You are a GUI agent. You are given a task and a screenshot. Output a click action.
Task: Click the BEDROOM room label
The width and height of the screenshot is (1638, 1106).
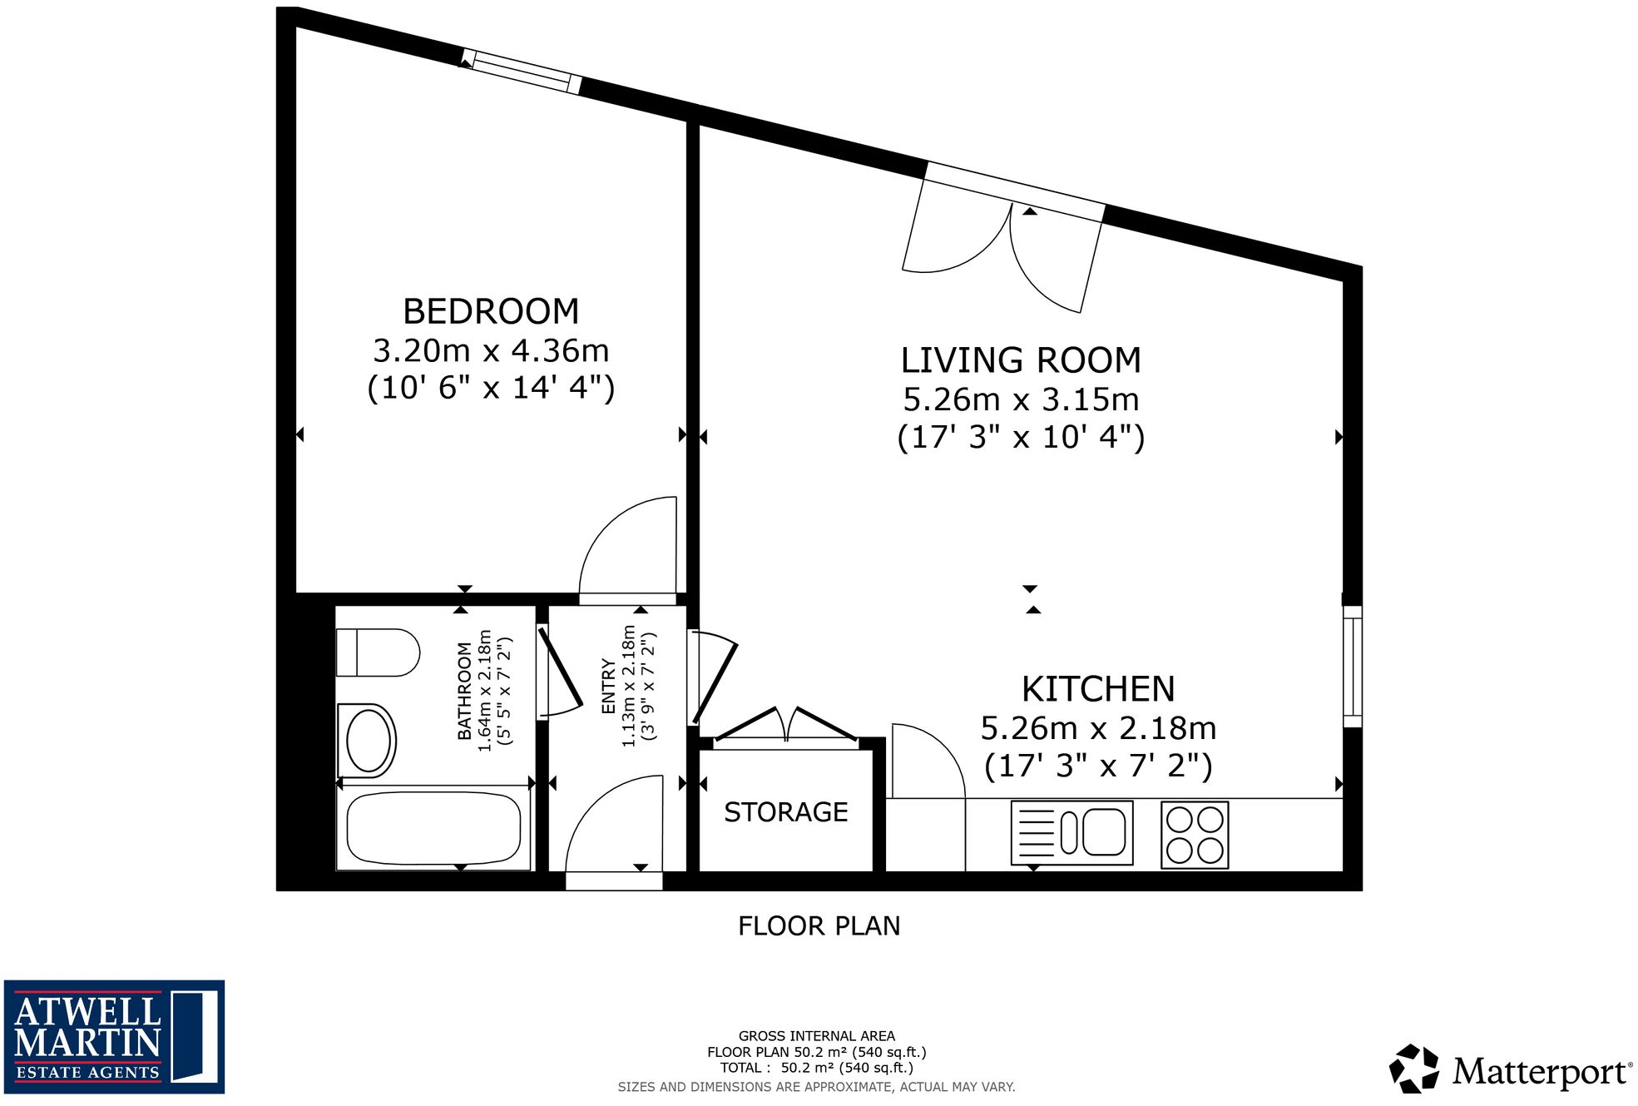(x=491, y=312)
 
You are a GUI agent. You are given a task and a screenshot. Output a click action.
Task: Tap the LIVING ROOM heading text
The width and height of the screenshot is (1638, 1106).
(x=1021, y=360)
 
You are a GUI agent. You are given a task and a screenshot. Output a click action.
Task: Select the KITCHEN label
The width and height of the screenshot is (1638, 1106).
(x=1098, y=689)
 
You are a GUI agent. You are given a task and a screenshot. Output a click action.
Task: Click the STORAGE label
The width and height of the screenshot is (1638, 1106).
(x=785, y=812)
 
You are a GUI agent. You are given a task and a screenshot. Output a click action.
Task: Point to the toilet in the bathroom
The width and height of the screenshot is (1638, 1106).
(x=379, y=652)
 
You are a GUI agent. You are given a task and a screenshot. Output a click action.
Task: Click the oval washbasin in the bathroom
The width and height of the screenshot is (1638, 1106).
(x=368, y=741)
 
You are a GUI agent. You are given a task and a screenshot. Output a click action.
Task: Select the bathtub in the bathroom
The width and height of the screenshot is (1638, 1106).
(x=433, y=828)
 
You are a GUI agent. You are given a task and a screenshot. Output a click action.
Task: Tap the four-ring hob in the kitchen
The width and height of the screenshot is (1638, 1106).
(x=1195, y=835)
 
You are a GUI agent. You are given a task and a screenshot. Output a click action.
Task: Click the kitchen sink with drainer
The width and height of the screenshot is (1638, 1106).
(x=1071, y=832)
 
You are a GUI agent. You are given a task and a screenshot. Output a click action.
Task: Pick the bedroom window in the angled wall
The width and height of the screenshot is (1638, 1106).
(x=522, y=71)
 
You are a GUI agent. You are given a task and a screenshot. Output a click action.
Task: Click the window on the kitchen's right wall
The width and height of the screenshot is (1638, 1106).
(x=1352, y=666)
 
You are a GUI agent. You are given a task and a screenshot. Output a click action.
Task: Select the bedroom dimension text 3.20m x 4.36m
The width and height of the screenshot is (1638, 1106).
(x=491, y=351)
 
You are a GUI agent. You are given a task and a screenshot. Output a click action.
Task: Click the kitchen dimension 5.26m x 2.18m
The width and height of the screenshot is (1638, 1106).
(x=1098, y=728)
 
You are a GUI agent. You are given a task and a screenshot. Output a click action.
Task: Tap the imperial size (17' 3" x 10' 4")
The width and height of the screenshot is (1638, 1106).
(x=1021, y=437)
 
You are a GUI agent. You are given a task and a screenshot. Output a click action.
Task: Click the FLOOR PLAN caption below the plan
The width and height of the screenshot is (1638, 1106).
(x=819, y=926)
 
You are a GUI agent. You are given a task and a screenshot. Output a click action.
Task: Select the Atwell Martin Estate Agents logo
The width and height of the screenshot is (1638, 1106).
(x=114, y=1036)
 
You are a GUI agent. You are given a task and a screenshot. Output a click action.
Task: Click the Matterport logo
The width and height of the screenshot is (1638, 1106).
(x=1511, y=1070)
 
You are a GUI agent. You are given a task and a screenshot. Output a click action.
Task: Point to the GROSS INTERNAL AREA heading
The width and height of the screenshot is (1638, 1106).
(x=816, y=1036)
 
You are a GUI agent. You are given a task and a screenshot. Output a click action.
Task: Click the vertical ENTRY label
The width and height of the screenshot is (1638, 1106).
(x=608, y=687)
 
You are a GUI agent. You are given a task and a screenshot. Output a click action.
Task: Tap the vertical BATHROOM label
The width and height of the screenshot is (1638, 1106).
(x=464, y=691)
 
